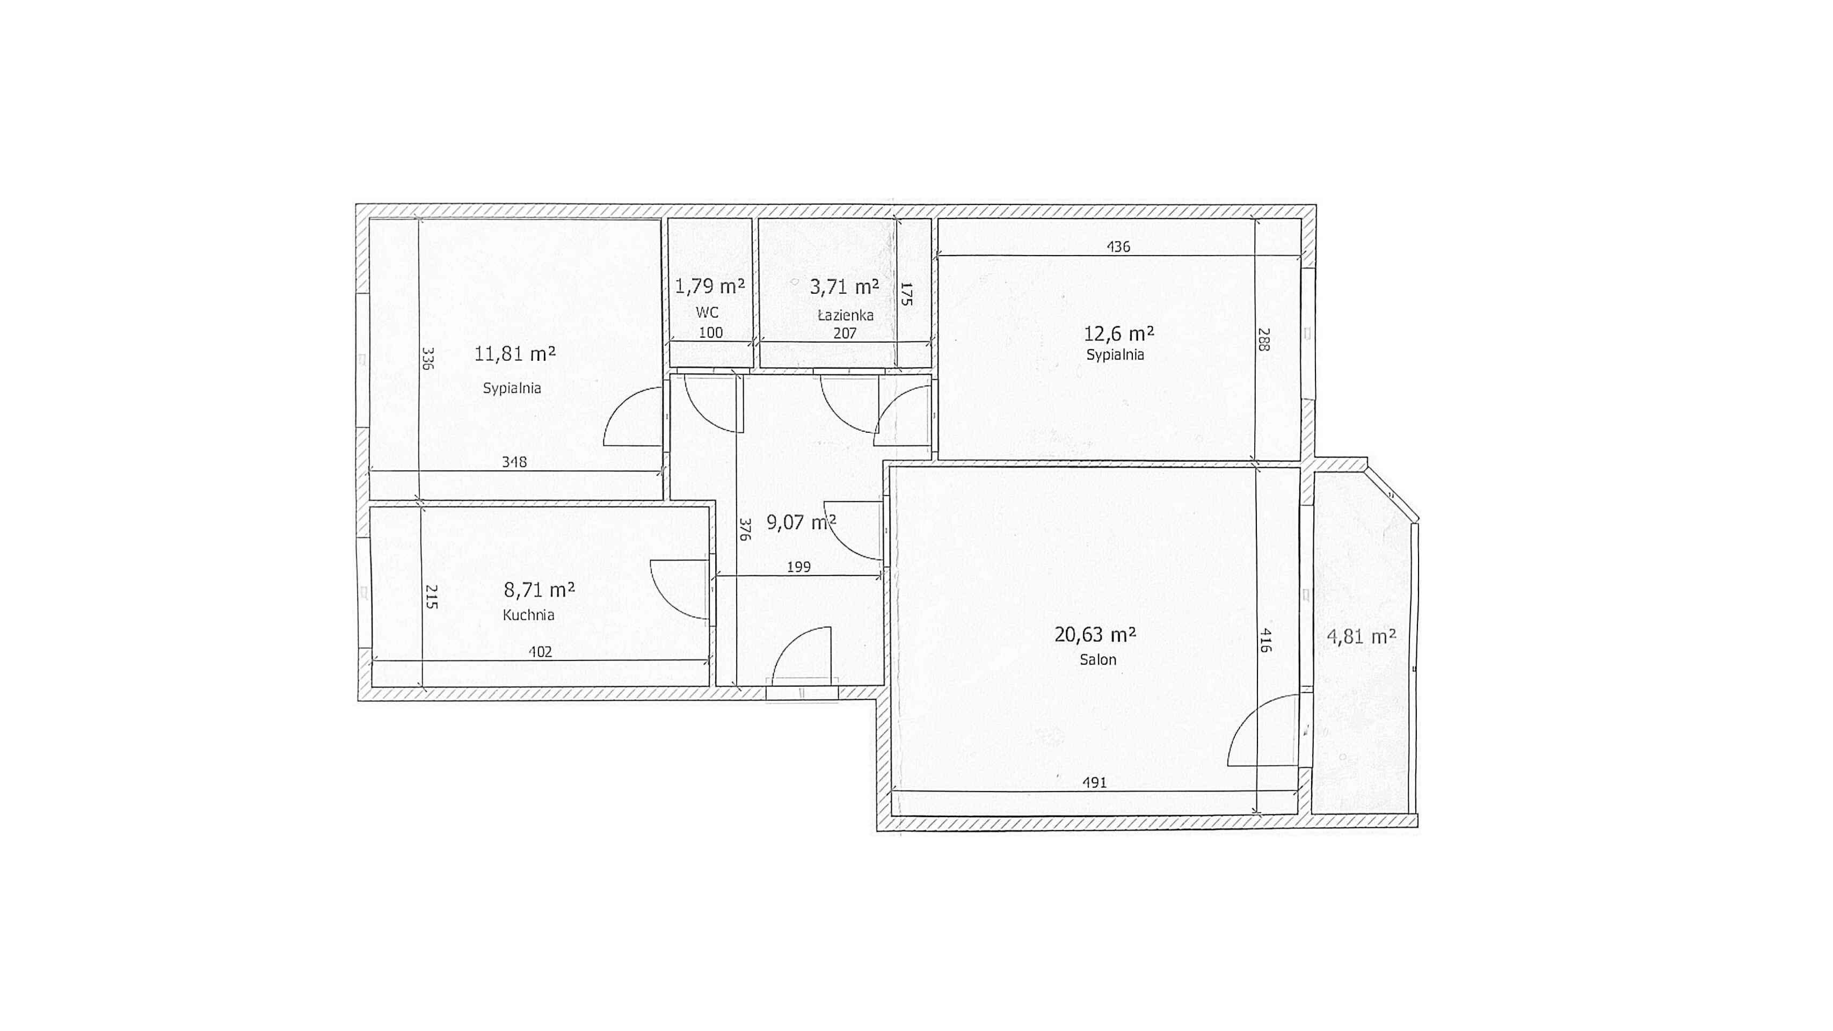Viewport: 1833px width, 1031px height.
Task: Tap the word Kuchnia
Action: tap(528, 615)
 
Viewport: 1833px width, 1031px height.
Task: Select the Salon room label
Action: tap(1098, 659)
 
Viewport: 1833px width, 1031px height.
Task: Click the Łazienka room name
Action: tap(845, 315)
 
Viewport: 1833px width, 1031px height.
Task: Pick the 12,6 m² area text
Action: tap(1118, 333)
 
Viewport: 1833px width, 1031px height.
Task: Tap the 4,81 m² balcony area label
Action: tap(1361, 636)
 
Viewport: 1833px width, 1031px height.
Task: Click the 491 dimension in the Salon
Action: tap(1094, 783)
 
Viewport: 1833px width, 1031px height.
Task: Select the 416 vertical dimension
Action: tap(1264, 640)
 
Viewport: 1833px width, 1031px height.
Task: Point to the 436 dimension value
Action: tap(1118, 247)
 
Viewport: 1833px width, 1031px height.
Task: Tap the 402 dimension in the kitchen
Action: tap(540, 652)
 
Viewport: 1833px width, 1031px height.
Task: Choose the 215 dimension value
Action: tap(431, 596)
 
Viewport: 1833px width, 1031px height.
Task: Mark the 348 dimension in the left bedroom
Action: tap(514, 462)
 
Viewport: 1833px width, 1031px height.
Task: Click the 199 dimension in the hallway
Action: tap(798, 567)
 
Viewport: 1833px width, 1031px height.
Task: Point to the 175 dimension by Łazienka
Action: tap(906, 294)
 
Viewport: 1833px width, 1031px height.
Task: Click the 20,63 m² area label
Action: tap(1095, 634)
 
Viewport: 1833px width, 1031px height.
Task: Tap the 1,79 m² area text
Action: tap(709, 286)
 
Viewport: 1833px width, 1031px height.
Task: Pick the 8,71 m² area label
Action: tap(540, 590)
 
